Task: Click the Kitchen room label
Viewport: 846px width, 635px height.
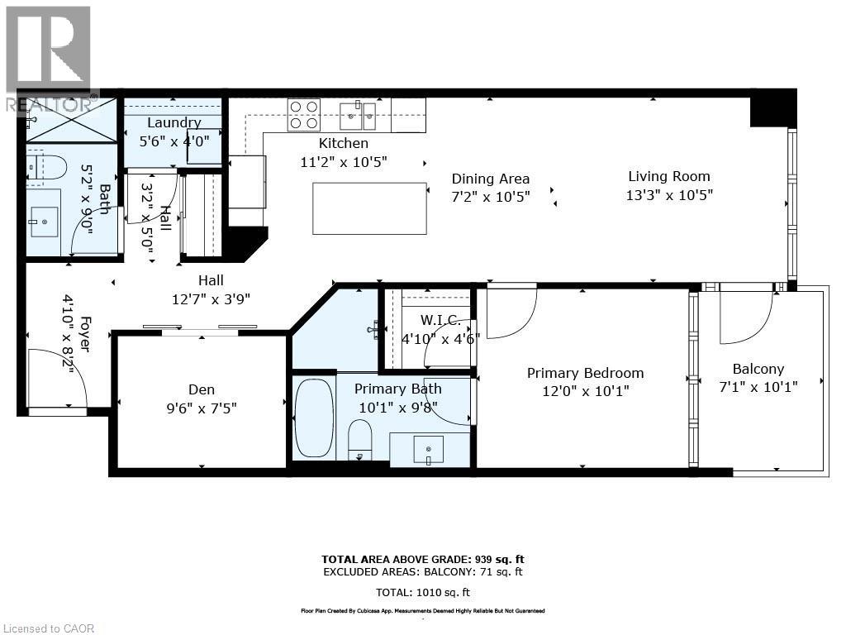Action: click(x=344, y=144)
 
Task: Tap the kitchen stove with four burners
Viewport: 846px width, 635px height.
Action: click(x=303, y=115)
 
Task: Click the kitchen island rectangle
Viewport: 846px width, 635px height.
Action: click(x=369, y=208)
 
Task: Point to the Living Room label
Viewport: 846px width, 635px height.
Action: click(x=668, y=176)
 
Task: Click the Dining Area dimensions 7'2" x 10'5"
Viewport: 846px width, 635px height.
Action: click(x=491, y=196)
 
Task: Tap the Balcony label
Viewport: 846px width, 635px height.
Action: click(x=758, y=370)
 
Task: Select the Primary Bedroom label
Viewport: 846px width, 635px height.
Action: click(x=585, y=373)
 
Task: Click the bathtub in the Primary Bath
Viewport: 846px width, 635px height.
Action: click(x=314, y=418)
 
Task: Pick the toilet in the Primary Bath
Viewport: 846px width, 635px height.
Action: click(x=360, y=438)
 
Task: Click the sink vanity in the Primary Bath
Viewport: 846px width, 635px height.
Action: click(x=428, y=449)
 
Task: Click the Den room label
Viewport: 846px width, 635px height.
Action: click(x=202, y=389)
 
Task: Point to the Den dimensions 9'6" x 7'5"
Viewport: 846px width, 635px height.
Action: click(x=202, y=408)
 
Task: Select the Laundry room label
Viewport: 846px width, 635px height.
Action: click(x=173, y=123)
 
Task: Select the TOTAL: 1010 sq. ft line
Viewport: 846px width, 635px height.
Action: click(x=422, y=593)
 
